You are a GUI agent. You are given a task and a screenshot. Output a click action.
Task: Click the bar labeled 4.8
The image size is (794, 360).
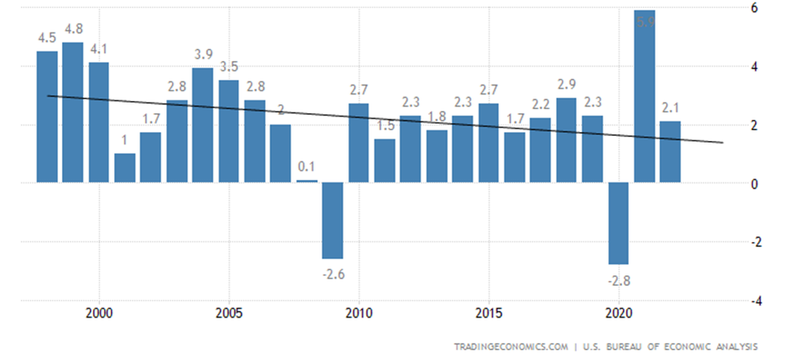click(x=72, y=112)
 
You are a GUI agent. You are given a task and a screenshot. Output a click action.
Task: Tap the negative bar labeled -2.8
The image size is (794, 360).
click(x=618, y=223)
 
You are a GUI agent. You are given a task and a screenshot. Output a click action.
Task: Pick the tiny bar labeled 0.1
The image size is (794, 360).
click(x=306, y=181)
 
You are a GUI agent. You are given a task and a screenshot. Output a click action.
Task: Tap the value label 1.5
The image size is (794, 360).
click(x=384, y=126)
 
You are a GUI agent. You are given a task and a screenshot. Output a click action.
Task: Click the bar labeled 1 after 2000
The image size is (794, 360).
click(x=125, y=167)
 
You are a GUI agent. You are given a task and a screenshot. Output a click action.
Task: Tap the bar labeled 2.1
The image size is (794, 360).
click(x=670, y=151)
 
